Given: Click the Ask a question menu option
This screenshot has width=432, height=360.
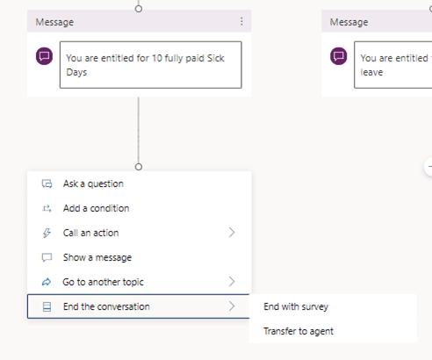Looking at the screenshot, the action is (93, 184).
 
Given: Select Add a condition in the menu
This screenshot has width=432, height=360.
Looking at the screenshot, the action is (96, 208).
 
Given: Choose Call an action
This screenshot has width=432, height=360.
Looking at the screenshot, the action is (90, 233).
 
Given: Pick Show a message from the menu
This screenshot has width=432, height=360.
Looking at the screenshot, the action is (97, 257).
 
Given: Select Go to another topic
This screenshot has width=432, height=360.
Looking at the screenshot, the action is (103, 282).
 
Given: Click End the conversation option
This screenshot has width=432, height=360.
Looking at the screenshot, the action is (106, 306).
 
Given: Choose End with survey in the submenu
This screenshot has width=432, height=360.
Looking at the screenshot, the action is (296, 306).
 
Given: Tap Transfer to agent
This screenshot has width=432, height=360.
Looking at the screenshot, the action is (299, 331).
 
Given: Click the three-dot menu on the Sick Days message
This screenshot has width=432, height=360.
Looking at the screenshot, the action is (241, 21).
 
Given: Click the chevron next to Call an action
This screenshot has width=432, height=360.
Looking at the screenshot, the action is (232, 233).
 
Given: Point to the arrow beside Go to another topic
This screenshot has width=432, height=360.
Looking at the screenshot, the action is (232, 282).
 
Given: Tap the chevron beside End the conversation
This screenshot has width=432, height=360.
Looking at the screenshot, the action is (232, 306).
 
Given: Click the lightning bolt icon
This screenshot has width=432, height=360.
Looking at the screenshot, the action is (47, 233).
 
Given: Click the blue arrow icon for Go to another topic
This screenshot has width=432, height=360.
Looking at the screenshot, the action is (47, 282).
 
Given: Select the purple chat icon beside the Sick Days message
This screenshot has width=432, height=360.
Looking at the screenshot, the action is (45, 56).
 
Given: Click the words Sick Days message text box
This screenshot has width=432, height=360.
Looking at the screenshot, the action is (151, 65).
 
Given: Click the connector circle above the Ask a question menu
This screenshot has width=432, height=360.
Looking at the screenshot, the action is (139, 167).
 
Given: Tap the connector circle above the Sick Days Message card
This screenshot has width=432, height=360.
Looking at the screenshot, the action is (139, 9).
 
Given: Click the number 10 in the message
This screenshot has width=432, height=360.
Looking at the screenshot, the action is (157, 58).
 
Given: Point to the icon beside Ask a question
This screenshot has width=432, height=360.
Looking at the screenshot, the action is (47, 184).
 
